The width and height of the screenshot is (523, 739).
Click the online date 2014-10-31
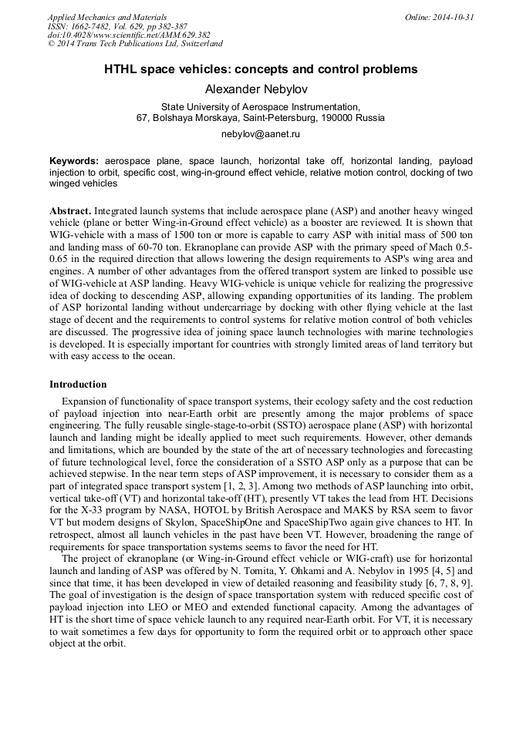pos(454,17)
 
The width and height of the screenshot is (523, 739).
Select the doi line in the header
pos(129,35)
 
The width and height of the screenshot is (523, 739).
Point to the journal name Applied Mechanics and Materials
pos(107,17)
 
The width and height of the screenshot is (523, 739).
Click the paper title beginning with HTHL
pos(261,69)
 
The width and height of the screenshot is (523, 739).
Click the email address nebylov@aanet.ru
pos(261,134)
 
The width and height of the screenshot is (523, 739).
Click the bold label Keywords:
pos(74,161)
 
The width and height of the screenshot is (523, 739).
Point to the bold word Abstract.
pos(70,210)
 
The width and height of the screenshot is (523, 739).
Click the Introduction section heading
pos(78,384)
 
